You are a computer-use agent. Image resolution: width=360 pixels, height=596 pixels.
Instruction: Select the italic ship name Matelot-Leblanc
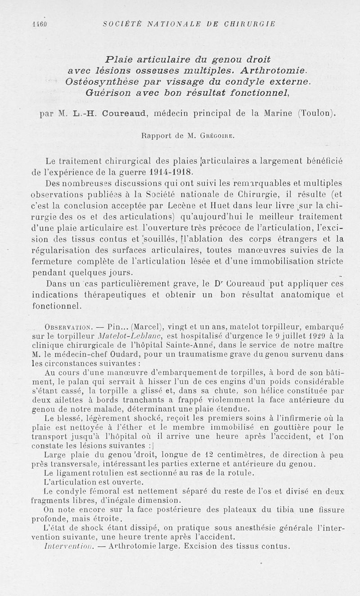pyautogui.click(x=124, y=336)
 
